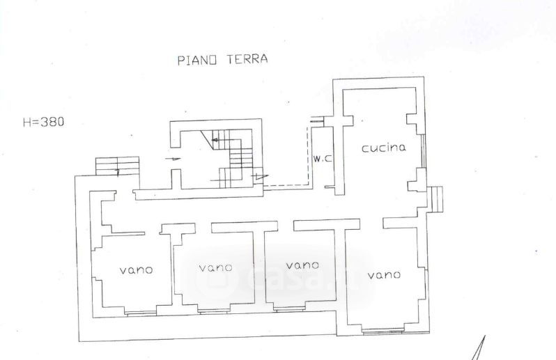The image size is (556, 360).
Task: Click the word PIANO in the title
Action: coord(196,61)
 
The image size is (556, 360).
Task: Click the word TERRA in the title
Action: coord(247,58)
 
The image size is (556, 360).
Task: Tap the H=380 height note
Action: coord(44,123)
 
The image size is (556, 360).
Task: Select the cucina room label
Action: coord(384,148)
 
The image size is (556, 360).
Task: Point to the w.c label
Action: coord(323,159)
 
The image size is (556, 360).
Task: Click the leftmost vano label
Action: coord(136,270)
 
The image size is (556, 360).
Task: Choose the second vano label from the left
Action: coord(215,267)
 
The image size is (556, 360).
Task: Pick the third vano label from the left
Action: coord(302,265)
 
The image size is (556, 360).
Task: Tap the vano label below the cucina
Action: coord(384,275)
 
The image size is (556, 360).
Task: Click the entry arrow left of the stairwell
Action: coord(173,159)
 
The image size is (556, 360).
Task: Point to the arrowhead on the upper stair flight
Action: coord(214,140)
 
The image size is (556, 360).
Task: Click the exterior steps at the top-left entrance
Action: coord(117,166)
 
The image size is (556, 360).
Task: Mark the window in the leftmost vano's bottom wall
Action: coord(141,313)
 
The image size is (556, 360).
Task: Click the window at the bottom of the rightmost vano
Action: coord(383,331)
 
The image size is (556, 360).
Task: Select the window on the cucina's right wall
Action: coord(423,152)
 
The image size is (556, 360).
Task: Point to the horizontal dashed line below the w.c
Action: coord(286,185)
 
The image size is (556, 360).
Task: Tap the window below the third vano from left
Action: coord(290,310)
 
